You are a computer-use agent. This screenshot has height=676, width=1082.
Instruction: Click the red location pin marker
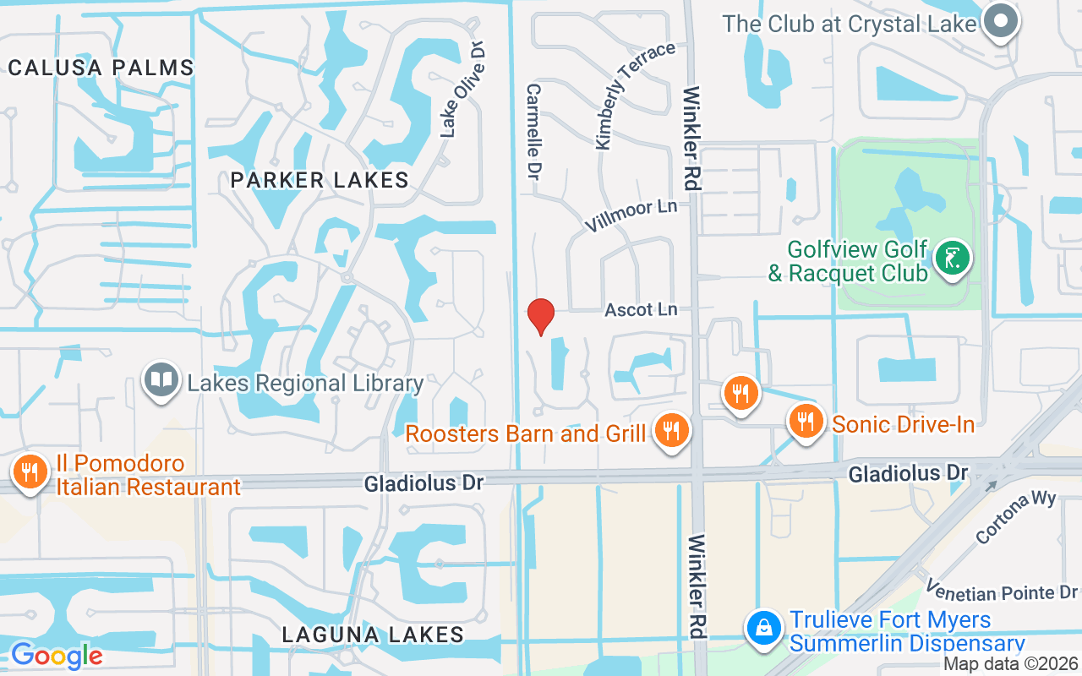[541, 316]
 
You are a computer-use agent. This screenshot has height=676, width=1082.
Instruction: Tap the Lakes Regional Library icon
[161, 379]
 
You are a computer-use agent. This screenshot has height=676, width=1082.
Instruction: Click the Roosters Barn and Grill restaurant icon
[672, 431]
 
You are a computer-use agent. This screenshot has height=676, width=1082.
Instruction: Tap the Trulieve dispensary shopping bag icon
[763, 628]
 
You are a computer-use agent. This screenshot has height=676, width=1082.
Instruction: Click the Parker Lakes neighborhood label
[320, 180]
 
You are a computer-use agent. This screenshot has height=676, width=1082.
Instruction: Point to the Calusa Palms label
[101, 68]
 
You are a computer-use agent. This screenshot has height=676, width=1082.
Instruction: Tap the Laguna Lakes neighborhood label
[373, 635]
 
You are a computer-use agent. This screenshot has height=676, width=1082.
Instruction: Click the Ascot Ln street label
[641, 310]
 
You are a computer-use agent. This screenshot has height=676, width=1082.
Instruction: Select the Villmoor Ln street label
[631, 216]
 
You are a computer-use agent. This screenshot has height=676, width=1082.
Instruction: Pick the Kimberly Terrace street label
[636, 95]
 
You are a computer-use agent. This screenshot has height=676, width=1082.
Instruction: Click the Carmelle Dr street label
[534, 135]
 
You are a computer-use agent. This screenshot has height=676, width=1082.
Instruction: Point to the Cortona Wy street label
[1015, 515]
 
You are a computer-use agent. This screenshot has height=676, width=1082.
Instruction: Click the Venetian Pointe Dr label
[1002, 592]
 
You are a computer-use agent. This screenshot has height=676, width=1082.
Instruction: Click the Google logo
[57, 655]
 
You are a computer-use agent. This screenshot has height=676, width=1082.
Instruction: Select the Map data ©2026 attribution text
[1009, 665]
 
